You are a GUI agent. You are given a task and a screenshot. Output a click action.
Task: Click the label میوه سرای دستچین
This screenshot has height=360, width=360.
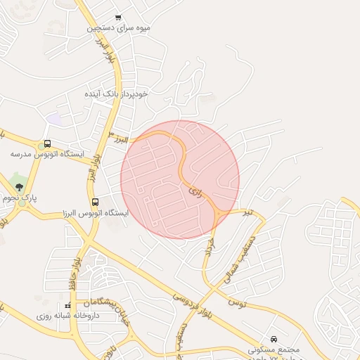click(119, 28)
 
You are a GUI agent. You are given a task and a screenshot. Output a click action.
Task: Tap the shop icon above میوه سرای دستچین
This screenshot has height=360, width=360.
click(118, 18)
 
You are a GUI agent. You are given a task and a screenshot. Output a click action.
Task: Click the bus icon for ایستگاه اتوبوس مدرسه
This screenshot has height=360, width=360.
click(47, 143)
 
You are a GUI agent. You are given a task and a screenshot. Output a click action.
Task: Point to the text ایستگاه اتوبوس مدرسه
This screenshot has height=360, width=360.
click(47, 153)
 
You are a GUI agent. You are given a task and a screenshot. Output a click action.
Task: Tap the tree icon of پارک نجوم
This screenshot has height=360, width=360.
click(19, 187)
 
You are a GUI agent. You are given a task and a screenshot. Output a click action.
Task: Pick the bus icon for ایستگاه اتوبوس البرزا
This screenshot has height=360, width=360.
click(95, 202)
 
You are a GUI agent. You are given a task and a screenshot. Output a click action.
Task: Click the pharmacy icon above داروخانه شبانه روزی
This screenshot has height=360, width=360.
click(68, 305)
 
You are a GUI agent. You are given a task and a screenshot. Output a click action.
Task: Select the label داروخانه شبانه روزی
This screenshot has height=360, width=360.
click(67, 316)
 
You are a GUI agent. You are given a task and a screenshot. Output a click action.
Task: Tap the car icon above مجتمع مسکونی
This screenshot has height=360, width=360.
click(274, 338)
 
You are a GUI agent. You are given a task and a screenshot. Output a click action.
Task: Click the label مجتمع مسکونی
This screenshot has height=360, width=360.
click(274, 349)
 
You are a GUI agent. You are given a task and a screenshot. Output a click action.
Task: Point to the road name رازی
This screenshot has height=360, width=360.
click(195, 191)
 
